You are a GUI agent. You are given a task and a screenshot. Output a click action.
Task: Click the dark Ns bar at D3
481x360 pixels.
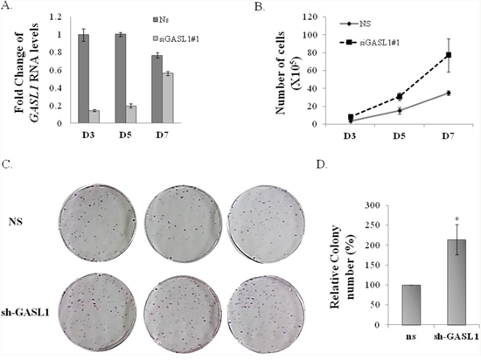[x=83, y=79]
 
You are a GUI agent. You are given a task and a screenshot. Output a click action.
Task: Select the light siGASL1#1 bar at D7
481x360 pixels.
[x=168, y=98]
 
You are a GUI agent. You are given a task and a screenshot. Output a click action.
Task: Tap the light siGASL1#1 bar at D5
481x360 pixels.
[x=131, y=114]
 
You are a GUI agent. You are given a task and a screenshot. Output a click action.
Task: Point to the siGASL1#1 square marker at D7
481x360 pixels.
[x=449, y=55]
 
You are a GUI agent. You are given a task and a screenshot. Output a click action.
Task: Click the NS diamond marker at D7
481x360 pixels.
[x=449, y=93]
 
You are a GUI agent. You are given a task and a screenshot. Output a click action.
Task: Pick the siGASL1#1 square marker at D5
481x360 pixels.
[x=399, y=97]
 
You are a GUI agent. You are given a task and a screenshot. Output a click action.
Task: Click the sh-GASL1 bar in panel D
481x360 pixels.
[x=457, y=282]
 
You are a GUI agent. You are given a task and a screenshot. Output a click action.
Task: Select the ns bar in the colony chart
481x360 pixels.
[x=411, y=305]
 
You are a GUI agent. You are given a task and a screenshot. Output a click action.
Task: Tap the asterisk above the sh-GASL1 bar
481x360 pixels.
[x=457, y=219]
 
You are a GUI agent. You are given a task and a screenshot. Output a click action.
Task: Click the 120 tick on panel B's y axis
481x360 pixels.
[x=310, y=17]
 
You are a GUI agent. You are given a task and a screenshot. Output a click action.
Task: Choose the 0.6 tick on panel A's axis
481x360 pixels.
[x=56, y=71]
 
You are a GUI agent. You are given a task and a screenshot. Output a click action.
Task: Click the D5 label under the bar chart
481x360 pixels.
[x=125, y=135]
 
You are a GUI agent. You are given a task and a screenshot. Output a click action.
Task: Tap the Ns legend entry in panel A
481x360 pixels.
[x=161, y=20]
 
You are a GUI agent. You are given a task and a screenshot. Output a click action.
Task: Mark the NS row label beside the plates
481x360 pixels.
[x=16, y=221]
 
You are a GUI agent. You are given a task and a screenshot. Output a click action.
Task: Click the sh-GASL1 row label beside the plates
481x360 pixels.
[x=25, y=313]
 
